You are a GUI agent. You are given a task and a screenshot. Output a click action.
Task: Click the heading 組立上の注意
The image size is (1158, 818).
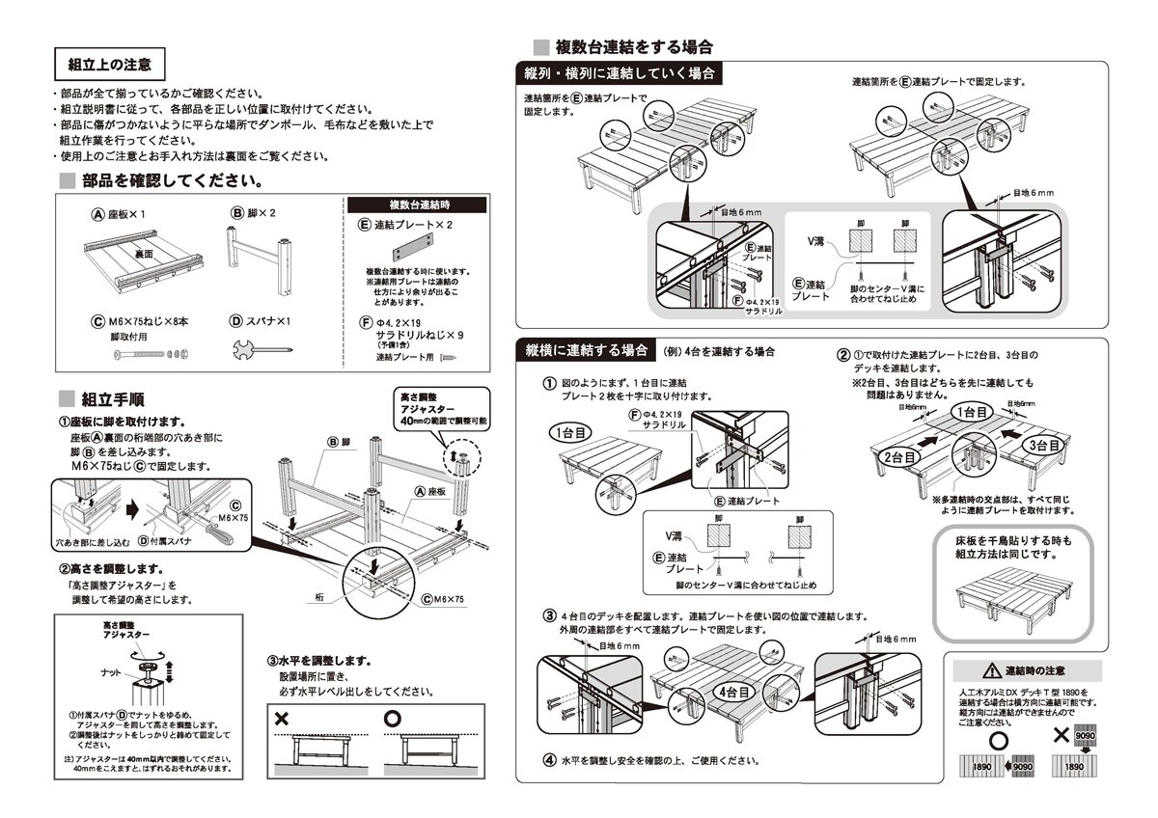click(109, 65)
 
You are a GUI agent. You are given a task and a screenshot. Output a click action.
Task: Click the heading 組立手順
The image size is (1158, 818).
click(114, 398)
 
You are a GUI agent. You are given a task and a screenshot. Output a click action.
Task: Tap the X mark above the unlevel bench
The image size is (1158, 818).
click(282, 719)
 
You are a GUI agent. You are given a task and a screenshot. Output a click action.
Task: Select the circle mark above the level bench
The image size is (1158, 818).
click(392, 719)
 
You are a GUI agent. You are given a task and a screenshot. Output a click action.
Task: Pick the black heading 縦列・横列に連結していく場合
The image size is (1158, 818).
click(620, 74)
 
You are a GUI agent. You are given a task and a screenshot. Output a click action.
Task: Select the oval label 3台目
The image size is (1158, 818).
click(1046, 445)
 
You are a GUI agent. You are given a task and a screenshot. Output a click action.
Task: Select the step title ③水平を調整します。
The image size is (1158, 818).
click(319, 662)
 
